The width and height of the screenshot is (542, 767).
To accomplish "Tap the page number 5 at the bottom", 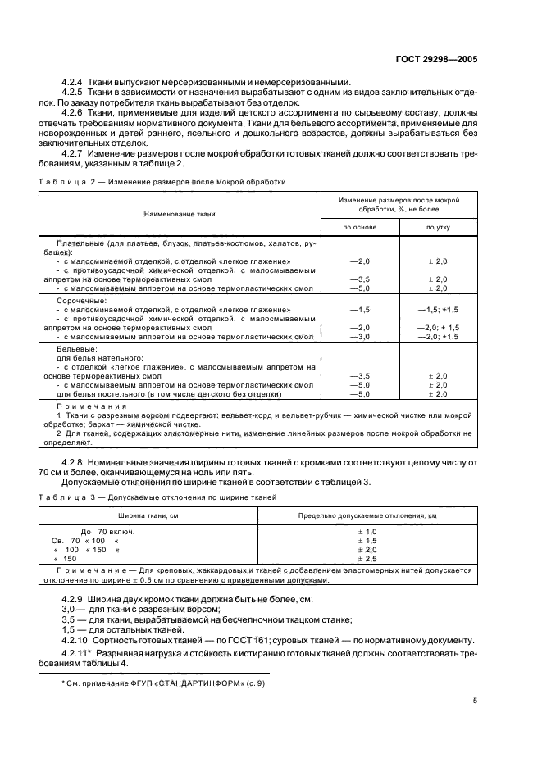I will pos(475,700).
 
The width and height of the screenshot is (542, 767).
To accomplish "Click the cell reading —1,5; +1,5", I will pos(438,309).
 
